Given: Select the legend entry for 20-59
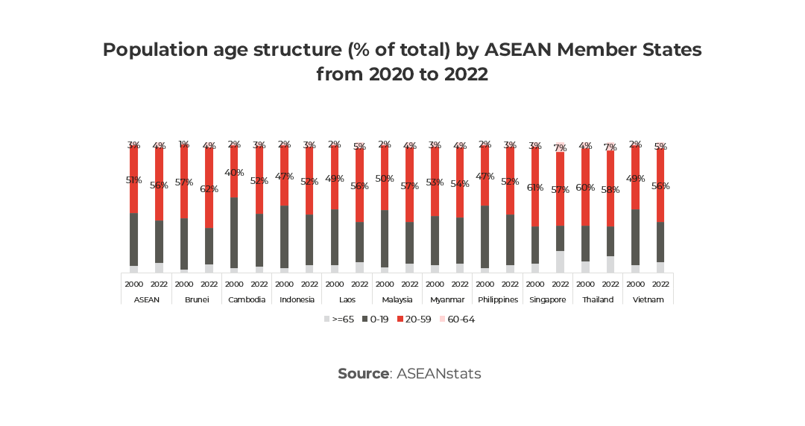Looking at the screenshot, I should (x=415, y=319).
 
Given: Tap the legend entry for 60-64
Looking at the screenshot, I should (x=457, y=319).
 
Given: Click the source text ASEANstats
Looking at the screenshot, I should (x=438, y=373).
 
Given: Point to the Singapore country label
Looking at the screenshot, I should (x=548, y=299).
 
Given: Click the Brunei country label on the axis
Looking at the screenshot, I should (x=197, y=299).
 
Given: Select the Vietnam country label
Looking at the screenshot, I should (x=648, y=299).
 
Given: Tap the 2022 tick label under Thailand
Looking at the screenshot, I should (x=610, y=284).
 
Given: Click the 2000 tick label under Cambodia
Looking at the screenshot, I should (x=234, y=284).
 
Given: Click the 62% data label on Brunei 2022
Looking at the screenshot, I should (x=209, y=189).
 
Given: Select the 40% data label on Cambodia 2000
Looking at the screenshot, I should (x=234, y=172).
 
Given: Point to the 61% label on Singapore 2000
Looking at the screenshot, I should (x=535, y=187).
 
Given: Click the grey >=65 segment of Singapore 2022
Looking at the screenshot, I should (x=560, y=261).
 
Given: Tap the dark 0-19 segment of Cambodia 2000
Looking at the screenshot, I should (x=234, y=232).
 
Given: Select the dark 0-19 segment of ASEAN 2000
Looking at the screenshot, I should (x=133, y=239).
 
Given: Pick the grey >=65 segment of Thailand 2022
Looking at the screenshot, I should (x=610, y=264).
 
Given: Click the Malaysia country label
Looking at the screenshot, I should (x=397, y=299).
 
